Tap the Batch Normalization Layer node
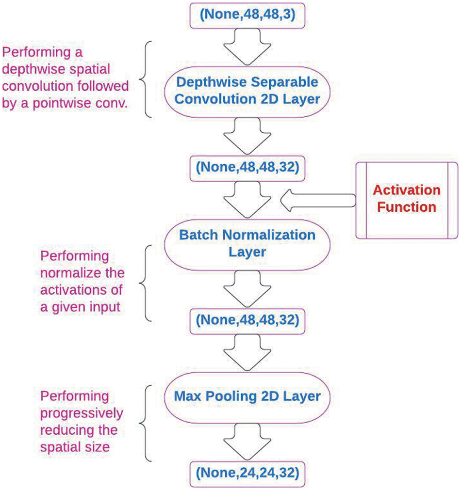247,243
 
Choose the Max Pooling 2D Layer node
247,396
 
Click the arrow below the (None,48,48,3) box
247,47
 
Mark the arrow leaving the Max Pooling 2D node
247,441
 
